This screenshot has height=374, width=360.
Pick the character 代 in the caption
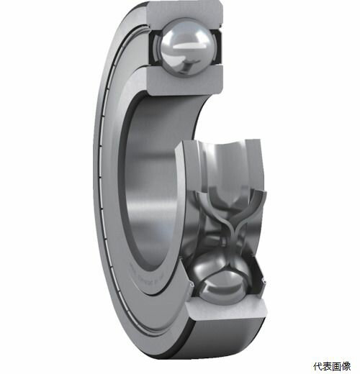[x=317, y=364]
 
